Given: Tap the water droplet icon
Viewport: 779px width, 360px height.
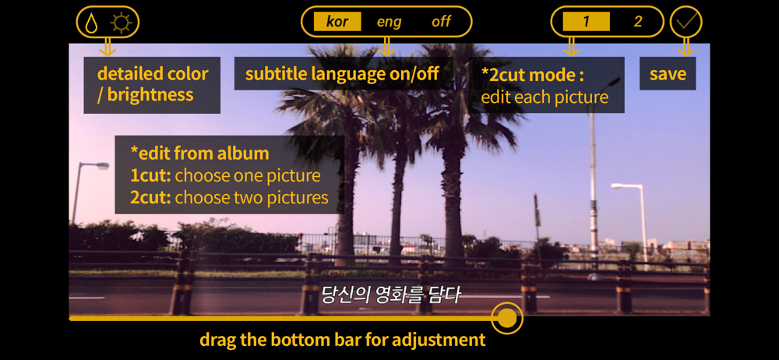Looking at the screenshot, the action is click(x=91, y=23).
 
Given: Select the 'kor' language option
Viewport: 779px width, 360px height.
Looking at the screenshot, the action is click(x=337, y=22).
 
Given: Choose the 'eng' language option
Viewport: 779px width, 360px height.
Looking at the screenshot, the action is click(x=389, y=22).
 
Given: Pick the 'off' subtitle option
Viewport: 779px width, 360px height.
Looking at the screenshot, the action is click(x=441, y=22).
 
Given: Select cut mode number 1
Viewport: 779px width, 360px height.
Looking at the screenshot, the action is click(x=587, y=22).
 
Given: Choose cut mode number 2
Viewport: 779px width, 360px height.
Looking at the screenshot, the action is click(x=638, y=22).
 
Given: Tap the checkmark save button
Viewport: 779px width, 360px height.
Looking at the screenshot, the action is click(x=686, y=22).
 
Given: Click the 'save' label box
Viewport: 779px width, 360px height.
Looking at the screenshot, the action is click(x=668, y=73).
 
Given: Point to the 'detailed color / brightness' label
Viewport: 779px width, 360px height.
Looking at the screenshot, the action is click(x=152, y=84).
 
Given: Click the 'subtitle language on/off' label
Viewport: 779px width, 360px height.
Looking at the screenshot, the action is click(x=343, y=73).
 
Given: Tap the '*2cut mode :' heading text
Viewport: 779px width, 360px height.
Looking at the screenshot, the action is click(x=531, y=75).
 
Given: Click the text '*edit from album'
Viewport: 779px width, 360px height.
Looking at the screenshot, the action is click(x=199, y=154).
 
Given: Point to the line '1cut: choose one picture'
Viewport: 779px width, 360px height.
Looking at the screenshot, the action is click(x=226, y=175).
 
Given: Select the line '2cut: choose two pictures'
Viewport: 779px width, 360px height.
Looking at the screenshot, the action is click(x=230, y=197).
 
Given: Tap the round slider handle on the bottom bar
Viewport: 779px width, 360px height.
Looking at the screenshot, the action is click(x=507, y=318).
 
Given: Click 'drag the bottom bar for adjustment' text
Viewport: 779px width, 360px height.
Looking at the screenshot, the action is click(x=342, y=340).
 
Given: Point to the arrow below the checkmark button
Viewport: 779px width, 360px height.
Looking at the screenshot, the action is click(x=686, y=47).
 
